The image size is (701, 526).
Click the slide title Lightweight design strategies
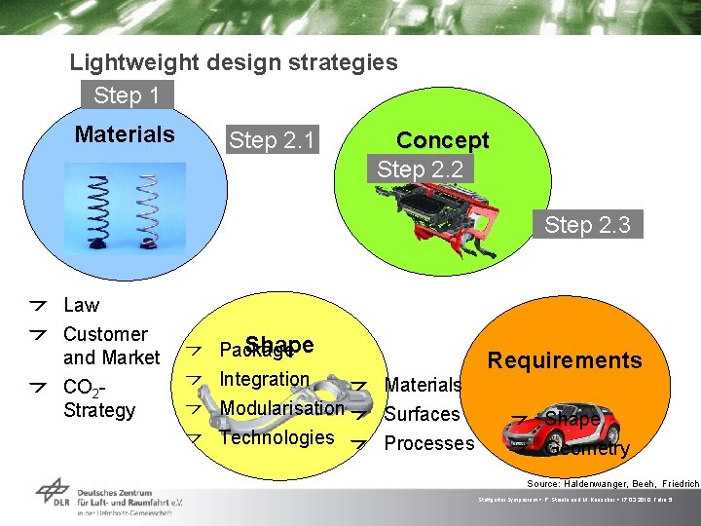[234, 63]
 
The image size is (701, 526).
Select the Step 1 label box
[127, 95]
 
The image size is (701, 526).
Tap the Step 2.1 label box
[271, 141]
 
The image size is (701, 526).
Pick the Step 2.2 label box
[419, 169]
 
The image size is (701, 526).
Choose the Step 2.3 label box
[587, 225]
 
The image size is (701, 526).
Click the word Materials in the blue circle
[125, 134]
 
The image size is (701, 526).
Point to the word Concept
[442, 140]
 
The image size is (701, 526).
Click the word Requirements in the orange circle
[565, 360]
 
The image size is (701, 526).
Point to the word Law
[81, 305]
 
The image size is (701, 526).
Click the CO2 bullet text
[98, 398]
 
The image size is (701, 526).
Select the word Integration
[264, 379]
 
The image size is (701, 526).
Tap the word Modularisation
[282, 408]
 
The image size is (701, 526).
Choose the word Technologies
[277, 437]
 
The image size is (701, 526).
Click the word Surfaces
[422, 414]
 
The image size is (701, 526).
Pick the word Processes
[429, 443]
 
